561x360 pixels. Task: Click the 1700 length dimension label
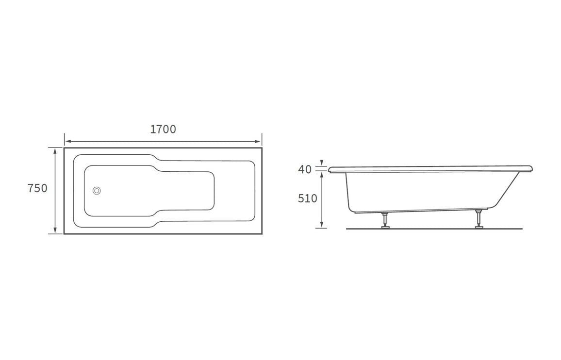pyautogui.click(x=163, y=130)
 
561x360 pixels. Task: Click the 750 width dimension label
pyautogui.click(x=37, y=188)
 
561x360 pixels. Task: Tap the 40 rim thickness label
pyautogui.click(x=305, y=170)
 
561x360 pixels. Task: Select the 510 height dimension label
pyautogui.click(x=308, y=198)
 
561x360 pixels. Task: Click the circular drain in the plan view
pyautogui.click(x=97, y=191)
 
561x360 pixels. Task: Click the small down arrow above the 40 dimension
pyautogui.click(x=321, y=164)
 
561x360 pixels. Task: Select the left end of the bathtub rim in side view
pyautogui.click(x=330, y=170)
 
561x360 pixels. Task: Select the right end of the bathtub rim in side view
pyautogui.click(x=532, y=169)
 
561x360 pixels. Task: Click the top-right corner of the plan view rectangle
pyautogui.click(x=262, y=148)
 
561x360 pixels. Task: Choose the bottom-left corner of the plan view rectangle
pyautogui.click(x=64, y=234)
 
